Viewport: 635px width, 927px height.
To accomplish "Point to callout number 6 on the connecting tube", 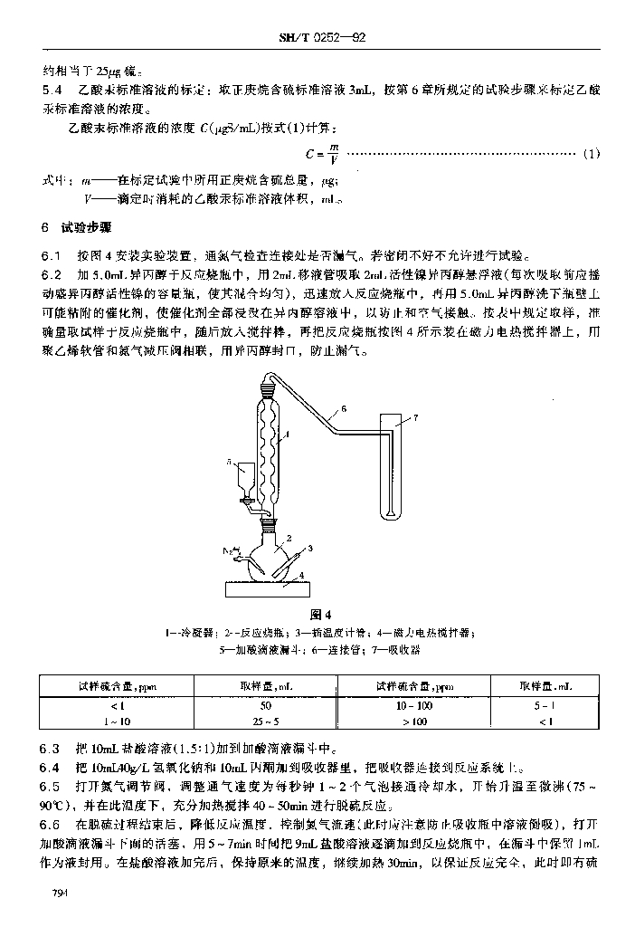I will [x=343, y=408].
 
